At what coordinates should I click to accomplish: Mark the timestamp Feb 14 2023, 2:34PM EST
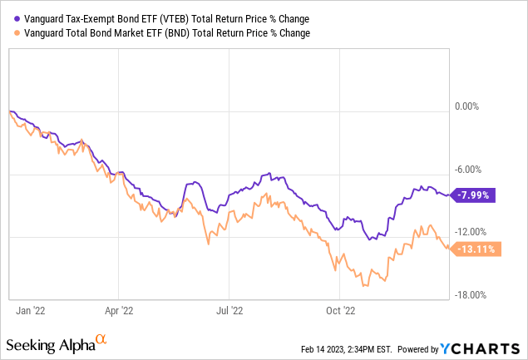click(x=338, y=348)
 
